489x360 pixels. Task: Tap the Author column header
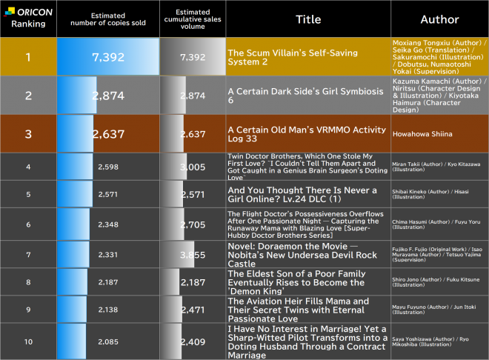pyautogui.click(x=439, y=19)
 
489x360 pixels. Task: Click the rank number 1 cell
pyautogui.click(x=28, y=56)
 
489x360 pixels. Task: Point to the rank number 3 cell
pyautogui.click(x=28, y=133)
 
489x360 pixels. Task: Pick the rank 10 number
pyautogui.click(x=28, y=341)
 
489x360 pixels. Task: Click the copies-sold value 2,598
pyautogui.click(x=108, y=167)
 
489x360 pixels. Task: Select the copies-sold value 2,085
pyautogui.click(x=108, y=341)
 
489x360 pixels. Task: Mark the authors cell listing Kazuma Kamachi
pyautogui.click(x=439, y=96)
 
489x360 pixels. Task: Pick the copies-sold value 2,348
pyautogui.click(x=108, y=224)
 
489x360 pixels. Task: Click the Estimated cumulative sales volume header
pyautogui.click(x=192, y=19)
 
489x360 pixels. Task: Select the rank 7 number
pyautogui.click(x=28, y=254)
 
